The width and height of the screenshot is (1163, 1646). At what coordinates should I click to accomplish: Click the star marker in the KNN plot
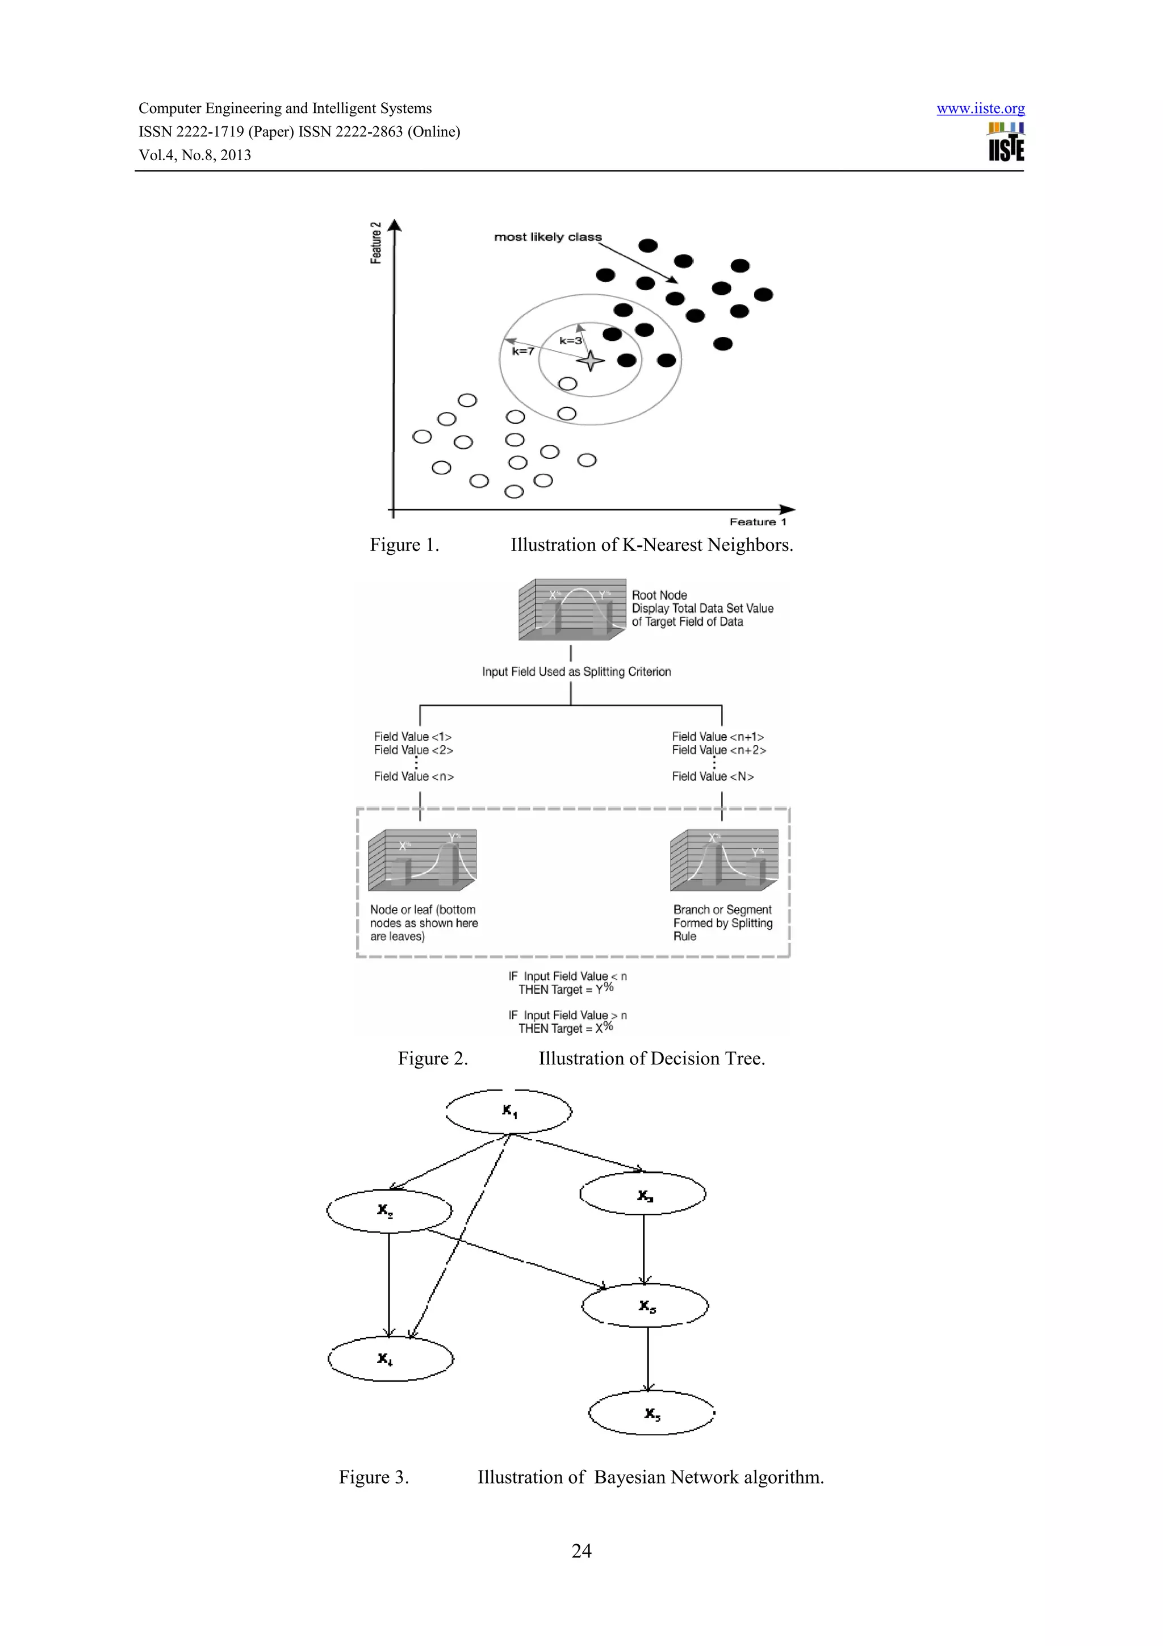coord(591,361)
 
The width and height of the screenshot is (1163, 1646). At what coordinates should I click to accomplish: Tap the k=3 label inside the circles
coord(570,341)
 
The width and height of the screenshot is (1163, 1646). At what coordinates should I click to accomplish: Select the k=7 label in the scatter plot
coord(522,351)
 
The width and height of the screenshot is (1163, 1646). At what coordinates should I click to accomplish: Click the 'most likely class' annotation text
coord(547,237)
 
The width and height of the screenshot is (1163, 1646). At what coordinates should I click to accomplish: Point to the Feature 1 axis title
coord(758,522)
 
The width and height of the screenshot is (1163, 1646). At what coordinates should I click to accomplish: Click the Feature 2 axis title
coord(375,243)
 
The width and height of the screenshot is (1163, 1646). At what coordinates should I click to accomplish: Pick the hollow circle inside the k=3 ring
coord(567,383)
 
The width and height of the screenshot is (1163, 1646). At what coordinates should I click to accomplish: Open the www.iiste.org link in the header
coord(980,109)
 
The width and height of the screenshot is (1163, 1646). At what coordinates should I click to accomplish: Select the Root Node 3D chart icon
coord(572,609)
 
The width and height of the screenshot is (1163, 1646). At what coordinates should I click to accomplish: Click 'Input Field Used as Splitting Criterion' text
coord(576,672)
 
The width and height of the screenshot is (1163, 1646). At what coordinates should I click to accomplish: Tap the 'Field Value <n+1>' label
coord(717,737)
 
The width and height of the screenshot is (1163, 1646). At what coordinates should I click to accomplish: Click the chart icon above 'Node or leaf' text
coord(422,859)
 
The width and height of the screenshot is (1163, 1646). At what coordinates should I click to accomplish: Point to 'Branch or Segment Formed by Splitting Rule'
coord(722,922)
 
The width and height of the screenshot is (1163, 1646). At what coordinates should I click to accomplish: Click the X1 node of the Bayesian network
coord(509,1112)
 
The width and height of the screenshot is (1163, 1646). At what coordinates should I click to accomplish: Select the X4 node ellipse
coord(391,1359)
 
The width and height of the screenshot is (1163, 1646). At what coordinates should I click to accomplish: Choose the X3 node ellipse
coord(643,1194)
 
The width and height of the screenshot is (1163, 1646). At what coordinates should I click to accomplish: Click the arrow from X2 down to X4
coord(389,1283)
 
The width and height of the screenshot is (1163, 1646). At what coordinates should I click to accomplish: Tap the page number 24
coord(581,1551)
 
